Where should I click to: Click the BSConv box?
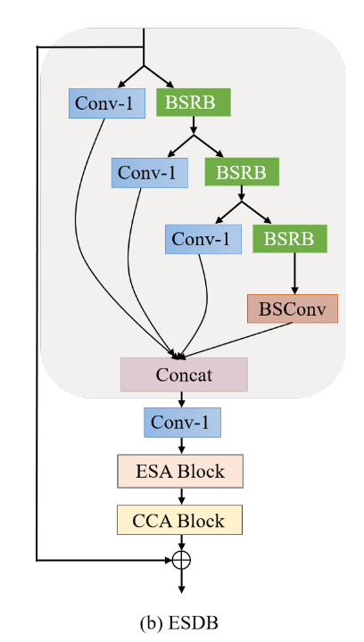pos(293,309)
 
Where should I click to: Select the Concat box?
pos(184,374)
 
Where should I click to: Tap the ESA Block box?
pos(181,470)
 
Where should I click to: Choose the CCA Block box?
pos(181,519)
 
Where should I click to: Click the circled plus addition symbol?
pos(181,561)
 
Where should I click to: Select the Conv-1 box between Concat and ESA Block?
pos(182,422)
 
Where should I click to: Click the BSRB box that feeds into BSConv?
pos(290,238)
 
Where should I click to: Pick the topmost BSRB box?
pos(194,103)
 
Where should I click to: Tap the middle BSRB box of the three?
pos(242,170)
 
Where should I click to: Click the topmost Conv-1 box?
pos(106,103)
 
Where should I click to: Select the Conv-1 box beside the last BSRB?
pos(203,239)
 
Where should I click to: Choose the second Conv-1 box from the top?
pos(148,172)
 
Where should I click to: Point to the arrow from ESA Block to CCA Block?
pos(181,495)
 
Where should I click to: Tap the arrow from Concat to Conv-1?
pos(181,399)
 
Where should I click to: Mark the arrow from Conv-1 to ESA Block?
pos(181,445)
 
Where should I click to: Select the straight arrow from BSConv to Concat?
pos(241,338)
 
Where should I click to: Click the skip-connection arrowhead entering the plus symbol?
pos(167,561)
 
